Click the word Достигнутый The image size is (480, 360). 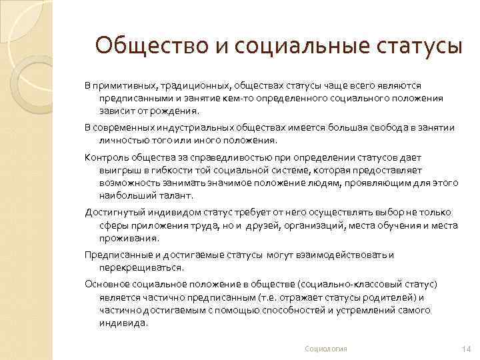[x=113, y=213]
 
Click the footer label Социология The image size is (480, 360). [x=326, y=349]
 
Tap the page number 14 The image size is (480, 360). [x=465, y=349]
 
